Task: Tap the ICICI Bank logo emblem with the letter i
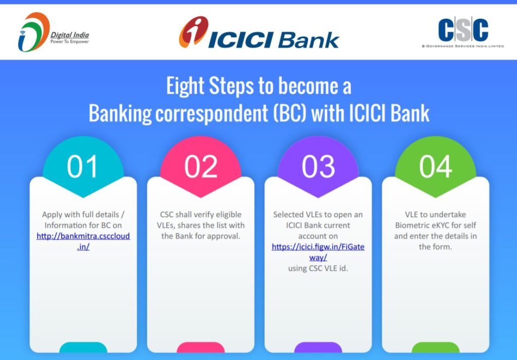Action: [193, 32]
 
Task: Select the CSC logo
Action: [463, 32]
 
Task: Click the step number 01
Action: [82, 167]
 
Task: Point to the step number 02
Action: [201, 167]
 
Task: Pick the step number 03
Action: [318, 167]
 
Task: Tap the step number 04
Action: [436, 167]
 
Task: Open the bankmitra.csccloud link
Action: [83, 241]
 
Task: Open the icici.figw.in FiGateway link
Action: [318, 252]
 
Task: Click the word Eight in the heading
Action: [185, 86]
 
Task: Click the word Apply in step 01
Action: [52, 215]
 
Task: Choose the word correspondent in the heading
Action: [212, 114]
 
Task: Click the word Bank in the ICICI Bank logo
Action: [308, 40]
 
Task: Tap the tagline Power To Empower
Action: [70, 41]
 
